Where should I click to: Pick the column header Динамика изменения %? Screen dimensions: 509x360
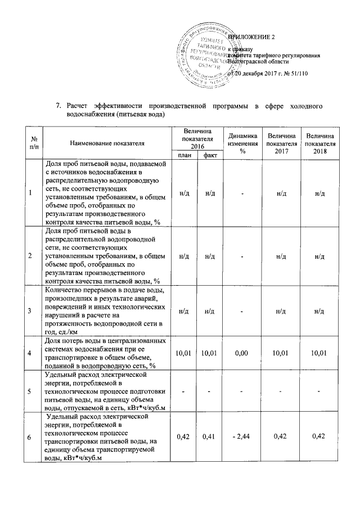(242, 143)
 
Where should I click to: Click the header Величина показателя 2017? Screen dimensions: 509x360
(281, 143)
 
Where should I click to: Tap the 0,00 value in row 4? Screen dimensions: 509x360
(242, 353)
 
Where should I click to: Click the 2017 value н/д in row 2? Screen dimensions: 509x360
(281, 256)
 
